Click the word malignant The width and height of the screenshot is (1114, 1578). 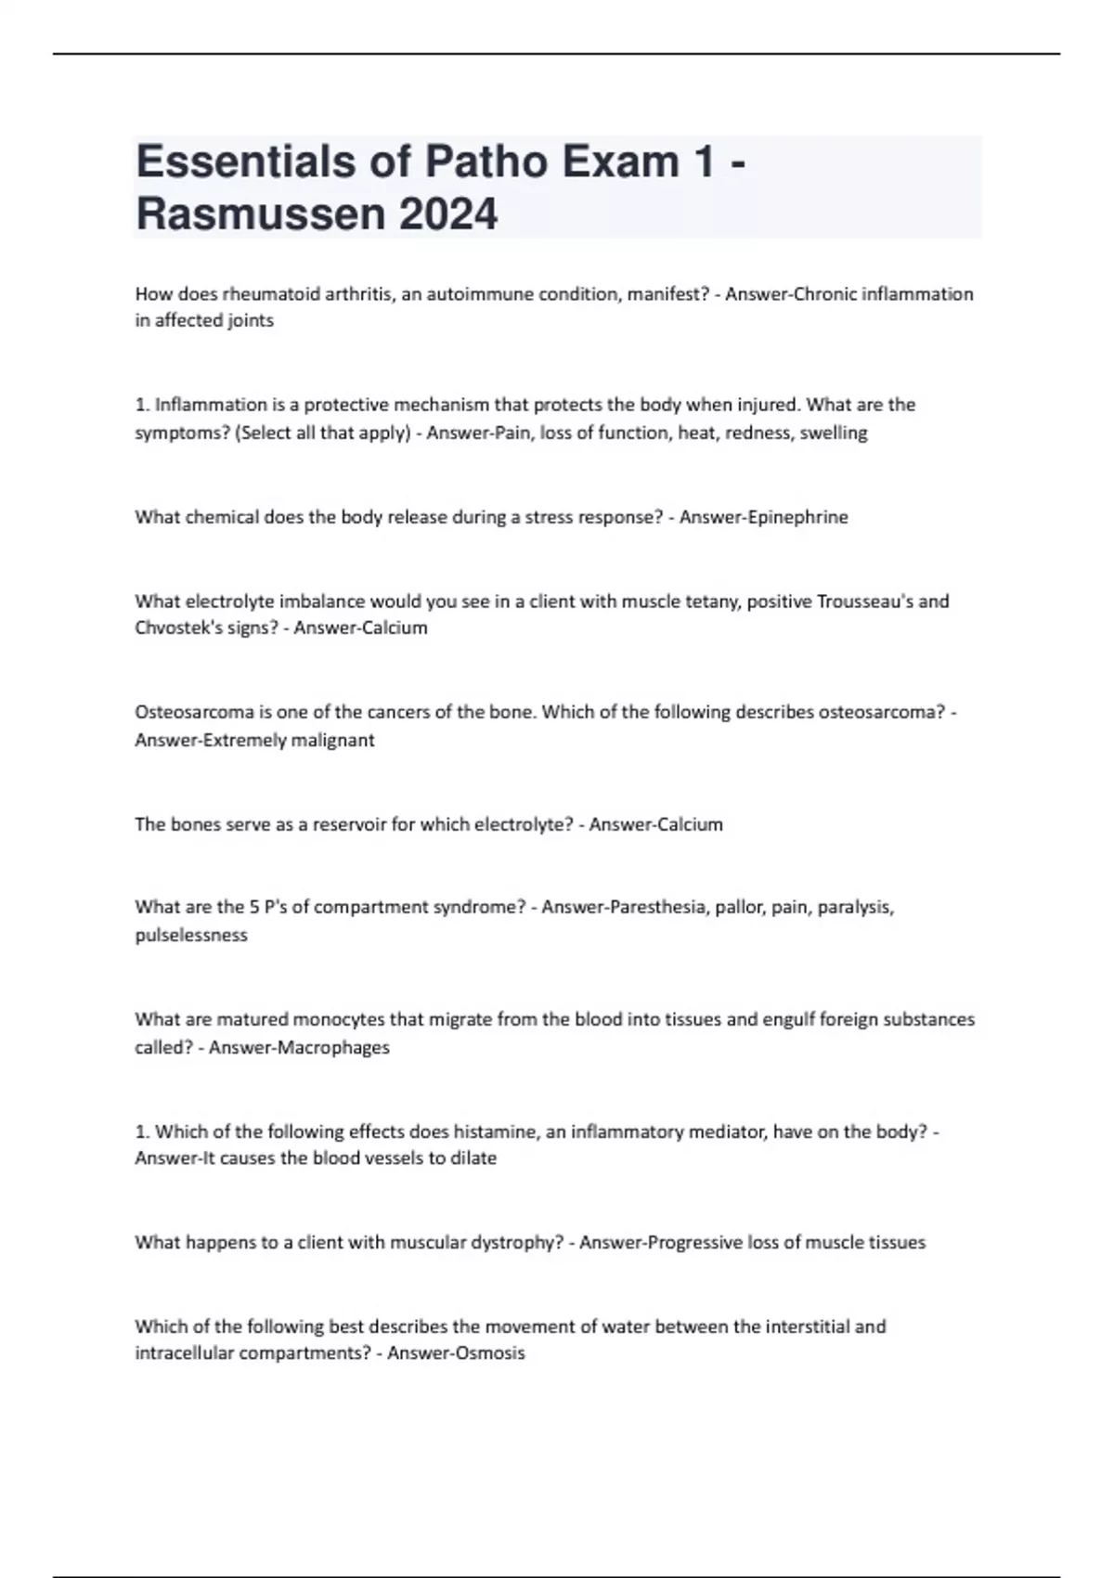pyautogui.click(x=333, y=741)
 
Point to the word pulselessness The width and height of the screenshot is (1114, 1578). pyautogui.click(x=191, y=936)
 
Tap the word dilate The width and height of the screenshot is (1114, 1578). pyautogui.click(x=474, y=1158)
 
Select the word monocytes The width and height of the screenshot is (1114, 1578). pyautogui.click(x=338, y=1019)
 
